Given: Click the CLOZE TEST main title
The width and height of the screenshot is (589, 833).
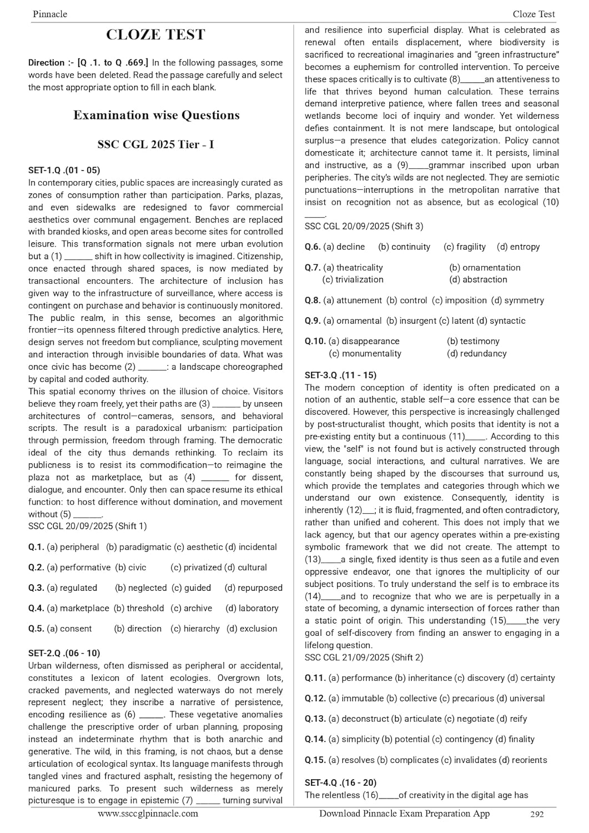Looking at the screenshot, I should pyautogui.click(x=155, y=35).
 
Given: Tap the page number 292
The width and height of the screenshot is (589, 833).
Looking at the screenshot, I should pyautogui.click(x=537, y=815).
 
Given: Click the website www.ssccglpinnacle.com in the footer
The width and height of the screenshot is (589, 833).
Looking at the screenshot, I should pyautogui.click(x=148, y=814).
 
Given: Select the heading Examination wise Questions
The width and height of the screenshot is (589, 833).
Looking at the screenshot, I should pyautogui.click(x=156, y=116).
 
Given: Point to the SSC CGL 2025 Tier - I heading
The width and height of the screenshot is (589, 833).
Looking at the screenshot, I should pyautogui.click(x=155, y=144).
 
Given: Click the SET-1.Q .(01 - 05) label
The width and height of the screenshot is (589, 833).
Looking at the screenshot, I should pyautogui.click(x=64, y=170).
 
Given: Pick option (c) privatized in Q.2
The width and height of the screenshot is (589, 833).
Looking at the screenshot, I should pyautogui.click(x=196, y=568).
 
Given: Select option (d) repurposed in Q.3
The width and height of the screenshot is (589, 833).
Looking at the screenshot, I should pyautogui.click(x=253, y=588).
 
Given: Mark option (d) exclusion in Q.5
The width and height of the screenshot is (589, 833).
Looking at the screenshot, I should pyautogui.click(x=251, y=629).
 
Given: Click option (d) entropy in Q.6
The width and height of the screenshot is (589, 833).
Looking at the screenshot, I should pyautogui.click(x=518, y=247).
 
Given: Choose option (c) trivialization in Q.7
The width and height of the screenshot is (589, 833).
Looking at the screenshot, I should pyautogui.click(x=353, y=280).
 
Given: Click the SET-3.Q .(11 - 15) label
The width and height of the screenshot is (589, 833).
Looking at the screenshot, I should pyautogui.click(x=340, y=375).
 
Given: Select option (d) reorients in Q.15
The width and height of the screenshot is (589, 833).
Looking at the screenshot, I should pyautogui.click(x=522, y=760).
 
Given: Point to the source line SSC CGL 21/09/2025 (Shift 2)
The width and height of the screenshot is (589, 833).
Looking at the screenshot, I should pyautogui.click(x=364, y=658).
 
